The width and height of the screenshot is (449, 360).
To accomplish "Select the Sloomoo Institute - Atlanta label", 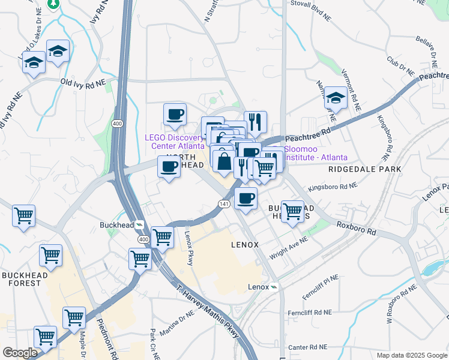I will pos(315,153).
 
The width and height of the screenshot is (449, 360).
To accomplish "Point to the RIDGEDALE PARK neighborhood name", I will pos(364,170).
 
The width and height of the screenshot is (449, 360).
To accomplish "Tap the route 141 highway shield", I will pos(223,204).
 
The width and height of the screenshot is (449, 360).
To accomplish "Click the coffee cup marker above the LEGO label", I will pos(175,114).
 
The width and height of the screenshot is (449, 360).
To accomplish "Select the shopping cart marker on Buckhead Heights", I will pos(292,211).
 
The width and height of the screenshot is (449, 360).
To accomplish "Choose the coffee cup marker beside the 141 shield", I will pos(245,198).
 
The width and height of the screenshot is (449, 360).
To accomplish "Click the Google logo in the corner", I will pos(20,353).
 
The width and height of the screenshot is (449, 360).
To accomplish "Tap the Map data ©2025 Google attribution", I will pos(411,355).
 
